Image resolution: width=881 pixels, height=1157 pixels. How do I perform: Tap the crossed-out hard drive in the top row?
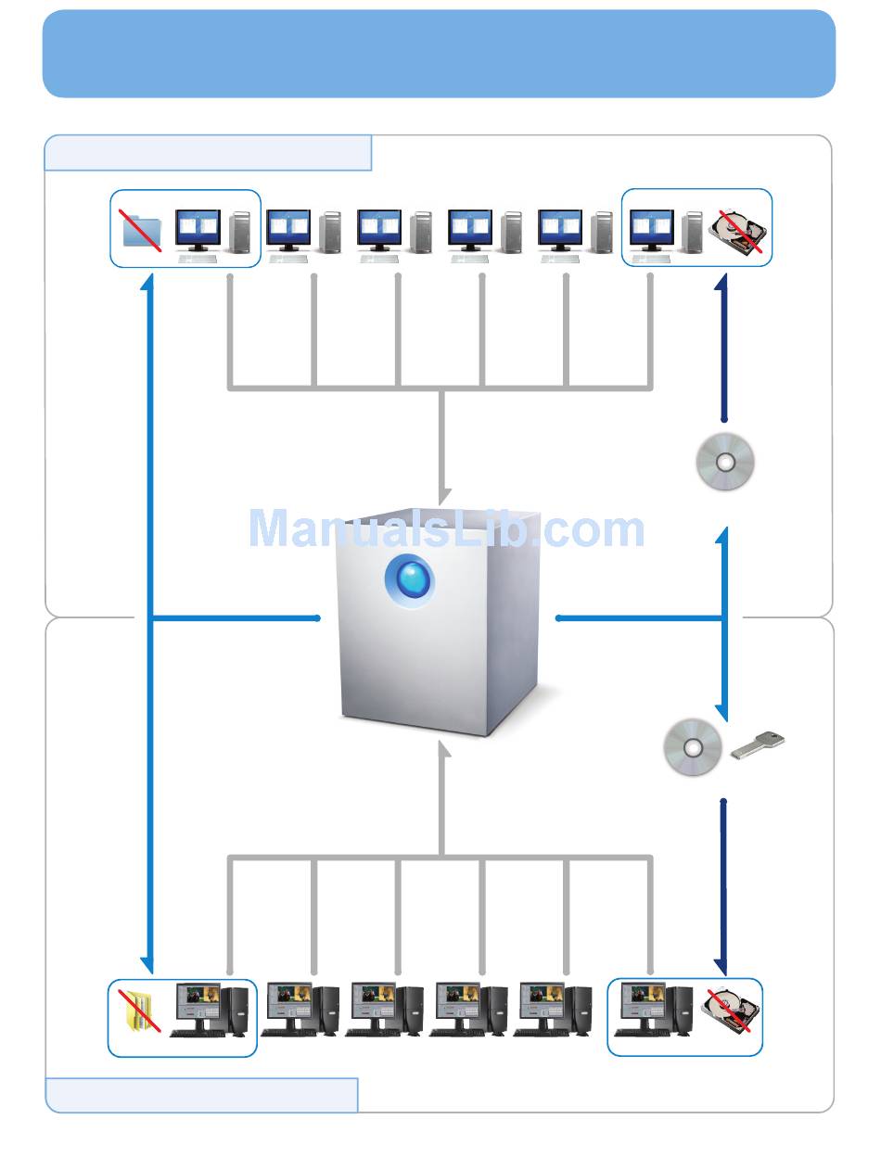(x=740, y=232)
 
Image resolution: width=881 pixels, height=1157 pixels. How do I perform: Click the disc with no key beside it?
(x=725, y=461)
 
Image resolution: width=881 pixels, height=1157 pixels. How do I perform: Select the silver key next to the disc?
(x=758, y=744)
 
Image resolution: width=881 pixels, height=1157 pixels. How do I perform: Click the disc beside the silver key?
(x=693, y=747)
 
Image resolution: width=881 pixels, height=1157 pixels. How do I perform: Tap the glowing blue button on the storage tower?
(x=409, y=580)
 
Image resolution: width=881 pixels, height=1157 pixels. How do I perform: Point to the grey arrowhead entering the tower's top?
(x=443, y=495)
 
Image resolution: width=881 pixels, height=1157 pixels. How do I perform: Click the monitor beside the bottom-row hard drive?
(x=642, y=1003)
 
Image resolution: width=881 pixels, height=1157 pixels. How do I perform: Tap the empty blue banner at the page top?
(x=439, y=54)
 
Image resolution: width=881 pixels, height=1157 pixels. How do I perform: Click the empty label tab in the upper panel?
(x=208, y=153)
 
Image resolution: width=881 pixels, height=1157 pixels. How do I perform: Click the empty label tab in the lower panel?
(x=201, y=1095)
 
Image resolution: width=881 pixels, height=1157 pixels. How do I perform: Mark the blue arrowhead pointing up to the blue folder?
(x=147, y=283)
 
